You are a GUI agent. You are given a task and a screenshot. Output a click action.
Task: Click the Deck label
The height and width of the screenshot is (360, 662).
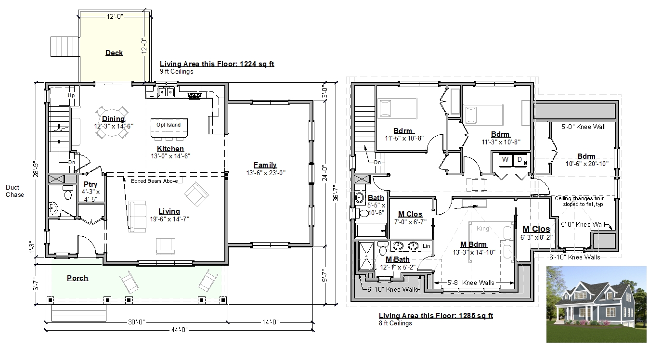(x=114, y=53)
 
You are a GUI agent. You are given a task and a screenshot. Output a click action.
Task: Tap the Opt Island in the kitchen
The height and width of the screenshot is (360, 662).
(x=169, y=128)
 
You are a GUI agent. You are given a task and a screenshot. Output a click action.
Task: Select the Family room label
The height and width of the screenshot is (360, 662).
(x=265, y=165)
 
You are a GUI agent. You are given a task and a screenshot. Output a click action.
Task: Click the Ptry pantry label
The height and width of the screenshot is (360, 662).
(x=91, y=184)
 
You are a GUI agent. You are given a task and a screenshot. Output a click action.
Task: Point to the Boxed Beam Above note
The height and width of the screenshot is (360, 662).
(x=154, y=181)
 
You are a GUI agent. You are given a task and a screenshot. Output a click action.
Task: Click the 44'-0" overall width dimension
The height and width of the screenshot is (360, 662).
(x=180, y=330)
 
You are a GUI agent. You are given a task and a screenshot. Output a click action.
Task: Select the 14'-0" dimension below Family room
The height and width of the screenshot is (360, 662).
(x=271, y=322)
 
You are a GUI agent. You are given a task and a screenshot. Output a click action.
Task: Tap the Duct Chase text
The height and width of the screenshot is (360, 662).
(x=14, y=191)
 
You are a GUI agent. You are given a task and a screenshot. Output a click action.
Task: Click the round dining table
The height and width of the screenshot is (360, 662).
(x=112, y=123)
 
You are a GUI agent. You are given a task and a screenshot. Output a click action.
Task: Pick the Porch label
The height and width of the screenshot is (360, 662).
(x=78, y=278)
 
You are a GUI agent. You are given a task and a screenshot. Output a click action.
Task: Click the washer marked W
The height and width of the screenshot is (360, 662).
(x=506, y=160)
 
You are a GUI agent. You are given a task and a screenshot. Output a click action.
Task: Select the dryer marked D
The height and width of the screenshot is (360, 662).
(x=520, y=160)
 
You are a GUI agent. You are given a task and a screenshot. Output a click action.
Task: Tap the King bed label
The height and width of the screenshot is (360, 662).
(x=482, y=228)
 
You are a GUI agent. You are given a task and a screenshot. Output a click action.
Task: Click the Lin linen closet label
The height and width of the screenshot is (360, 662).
(x=426, y=246)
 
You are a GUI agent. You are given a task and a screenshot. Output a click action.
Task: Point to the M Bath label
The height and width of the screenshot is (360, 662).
(x=398, y=259)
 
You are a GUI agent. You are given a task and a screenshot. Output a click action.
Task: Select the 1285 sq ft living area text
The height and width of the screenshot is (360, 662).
(x=476, y=315)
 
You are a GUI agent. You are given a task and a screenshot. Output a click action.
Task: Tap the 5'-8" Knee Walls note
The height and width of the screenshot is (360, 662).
(x=470, y=283)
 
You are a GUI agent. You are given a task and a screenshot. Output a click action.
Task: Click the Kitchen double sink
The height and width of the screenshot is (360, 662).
(x=166, y=92)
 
